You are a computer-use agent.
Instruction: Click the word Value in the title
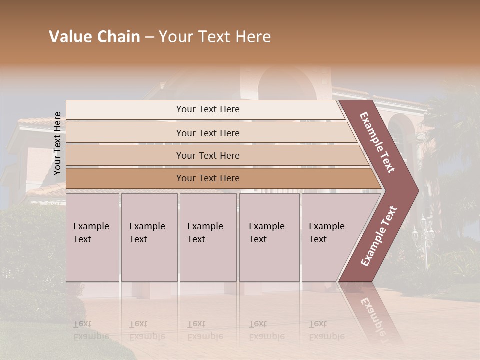click(70, 37)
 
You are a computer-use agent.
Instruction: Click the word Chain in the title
click(118, 37)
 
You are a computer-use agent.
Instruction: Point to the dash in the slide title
click(149, 37)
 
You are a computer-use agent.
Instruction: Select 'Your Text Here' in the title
click(215, 37)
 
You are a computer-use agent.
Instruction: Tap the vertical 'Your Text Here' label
click(57, 143)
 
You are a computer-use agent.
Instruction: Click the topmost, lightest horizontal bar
click(207, 109)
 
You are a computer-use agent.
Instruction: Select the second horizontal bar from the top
click(207, 133)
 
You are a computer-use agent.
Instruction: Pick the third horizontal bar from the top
click(207, 155)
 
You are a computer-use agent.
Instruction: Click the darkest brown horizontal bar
click(207, 178)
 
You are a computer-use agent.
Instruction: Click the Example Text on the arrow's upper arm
click(377, 142)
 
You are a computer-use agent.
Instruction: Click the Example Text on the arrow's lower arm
click(379, 236)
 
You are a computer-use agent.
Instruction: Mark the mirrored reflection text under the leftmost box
click(91, 330)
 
